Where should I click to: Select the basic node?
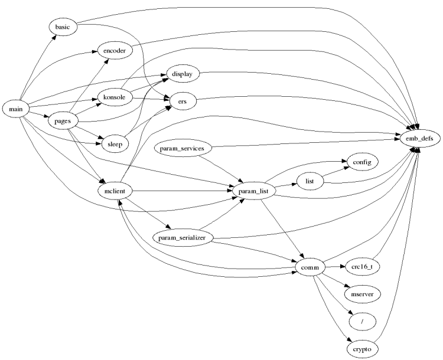pos(62,28)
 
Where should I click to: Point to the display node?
pos(183,74)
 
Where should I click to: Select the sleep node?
pos(114,144)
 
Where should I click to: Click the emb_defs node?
pos(416,138)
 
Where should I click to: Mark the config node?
pos(361,162)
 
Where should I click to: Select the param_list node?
pos(250,192)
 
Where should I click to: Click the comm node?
pos(310,268)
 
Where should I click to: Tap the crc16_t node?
pos(361,267)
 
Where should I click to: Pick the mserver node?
pos(361,293)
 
